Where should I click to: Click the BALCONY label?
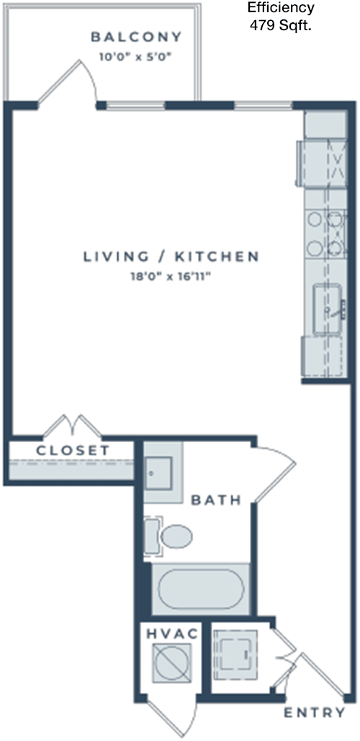(136, 37)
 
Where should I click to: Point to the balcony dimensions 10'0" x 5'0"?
(135, 57)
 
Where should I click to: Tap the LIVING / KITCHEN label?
(171, 256)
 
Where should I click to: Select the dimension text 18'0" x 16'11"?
(171, 277)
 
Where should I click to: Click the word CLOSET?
(73, 450)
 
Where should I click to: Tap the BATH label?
(217, 500)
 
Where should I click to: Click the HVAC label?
(172, 634)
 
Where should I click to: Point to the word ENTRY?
(314, 713)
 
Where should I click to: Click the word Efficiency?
(282, 7)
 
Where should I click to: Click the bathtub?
(201, 589)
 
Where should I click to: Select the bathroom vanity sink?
(158, 472)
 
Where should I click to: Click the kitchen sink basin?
(328, 309)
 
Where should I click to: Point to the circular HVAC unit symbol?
(172, 663)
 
